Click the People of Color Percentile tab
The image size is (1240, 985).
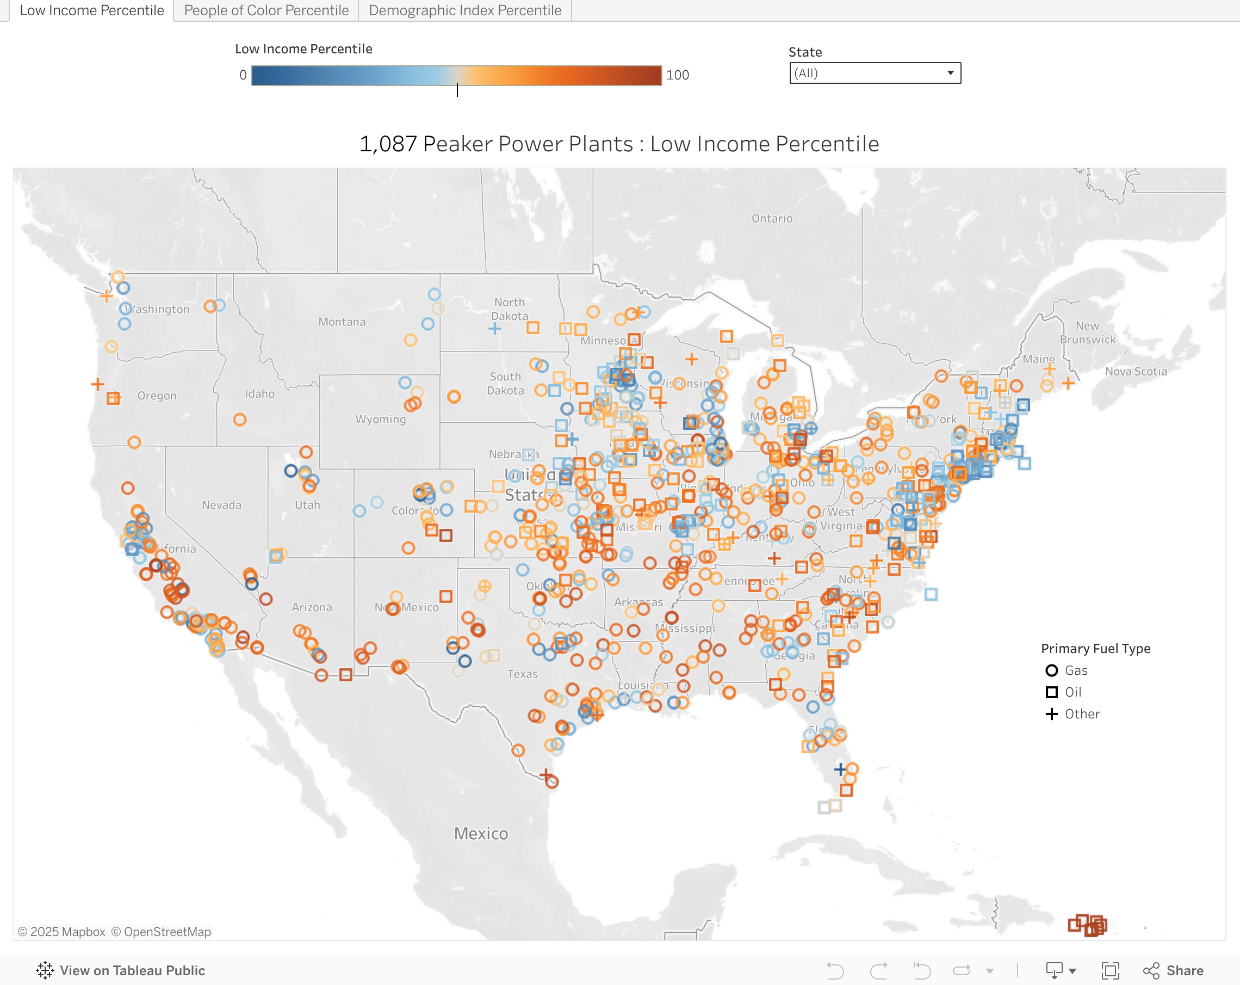coord(266,10)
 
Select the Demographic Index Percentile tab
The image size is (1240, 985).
coord(464,10)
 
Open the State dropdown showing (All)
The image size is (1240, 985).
coord(874,73)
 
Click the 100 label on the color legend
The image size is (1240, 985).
coord(677,75)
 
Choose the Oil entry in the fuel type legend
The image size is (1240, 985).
coord(1072,692)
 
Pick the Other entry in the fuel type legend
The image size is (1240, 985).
coord(1081,714)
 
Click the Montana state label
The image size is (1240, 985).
coord(342,322)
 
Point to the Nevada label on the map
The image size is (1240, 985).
coord(221,505)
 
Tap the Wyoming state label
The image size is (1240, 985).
coord(380,420)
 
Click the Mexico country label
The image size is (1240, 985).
coord(481,834)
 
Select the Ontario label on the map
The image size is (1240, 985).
coord(771,219)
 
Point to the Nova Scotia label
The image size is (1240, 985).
coord(1136,372)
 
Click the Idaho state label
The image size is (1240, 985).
coord(259,394)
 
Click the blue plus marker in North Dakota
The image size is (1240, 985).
coord(494,329)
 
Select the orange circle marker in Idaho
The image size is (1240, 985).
coord(240,420)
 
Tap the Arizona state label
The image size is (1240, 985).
coord(311,607)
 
